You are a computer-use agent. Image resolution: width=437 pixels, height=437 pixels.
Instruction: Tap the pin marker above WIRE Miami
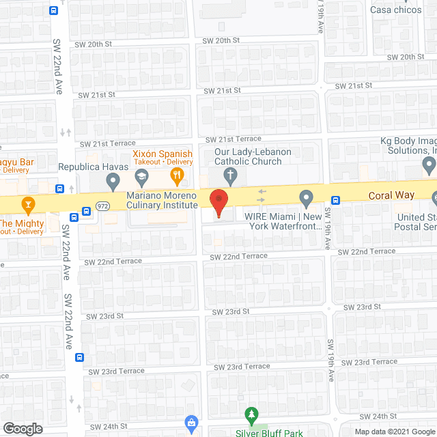click(x=307, y=199)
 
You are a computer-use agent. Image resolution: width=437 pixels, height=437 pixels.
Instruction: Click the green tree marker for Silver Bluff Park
click(x=252, y=414)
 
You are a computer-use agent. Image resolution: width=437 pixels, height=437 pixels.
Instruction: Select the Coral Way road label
click(x=391, y=195)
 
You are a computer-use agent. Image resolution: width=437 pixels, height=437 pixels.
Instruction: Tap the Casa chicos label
click(x=395, y=10)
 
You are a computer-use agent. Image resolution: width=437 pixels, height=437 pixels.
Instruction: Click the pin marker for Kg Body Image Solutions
click(x=429, y=164)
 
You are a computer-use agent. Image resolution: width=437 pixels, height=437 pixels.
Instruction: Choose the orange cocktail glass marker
click(x=28, y=203)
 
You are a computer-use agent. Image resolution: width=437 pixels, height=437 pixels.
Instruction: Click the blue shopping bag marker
click(x=192, y=423)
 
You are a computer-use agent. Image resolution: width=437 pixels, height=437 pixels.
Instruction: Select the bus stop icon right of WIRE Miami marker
click(x=335, y=200)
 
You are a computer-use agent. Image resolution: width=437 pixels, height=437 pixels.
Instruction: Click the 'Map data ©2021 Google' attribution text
click(x=394, y=431)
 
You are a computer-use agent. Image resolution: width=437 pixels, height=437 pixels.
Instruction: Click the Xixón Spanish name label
click(x=163, y=154)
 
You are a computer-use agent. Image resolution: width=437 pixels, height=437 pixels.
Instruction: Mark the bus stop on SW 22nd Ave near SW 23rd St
click(x=80, y=356)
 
